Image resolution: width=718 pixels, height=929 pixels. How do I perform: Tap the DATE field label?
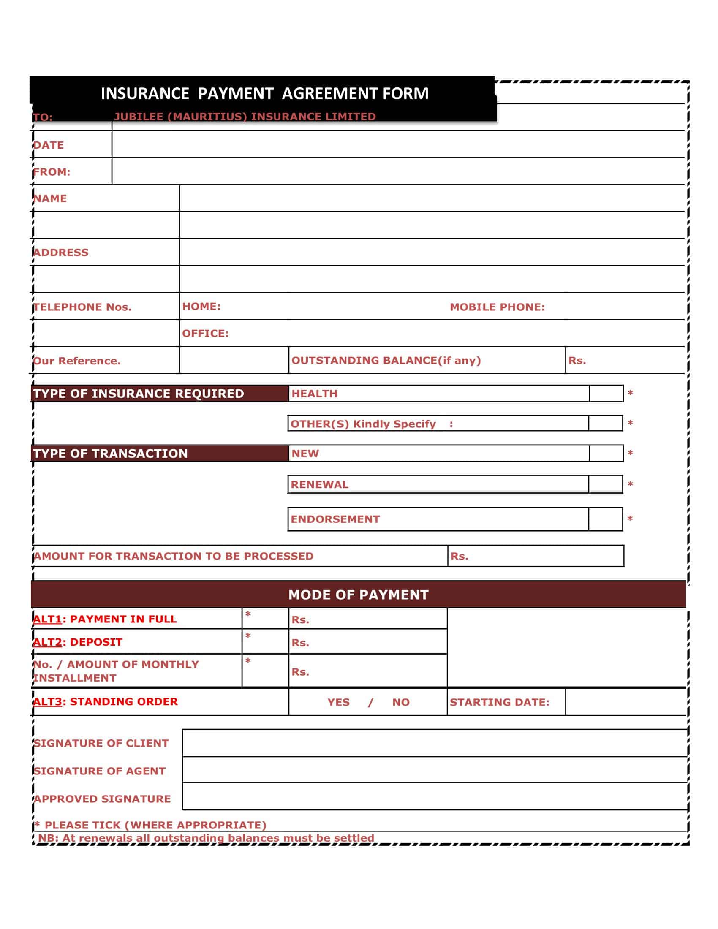49,145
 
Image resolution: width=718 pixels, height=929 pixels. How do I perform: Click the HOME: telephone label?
201,306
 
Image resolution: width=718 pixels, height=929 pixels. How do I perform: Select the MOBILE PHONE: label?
497,307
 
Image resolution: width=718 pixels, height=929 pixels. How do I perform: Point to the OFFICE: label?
205,334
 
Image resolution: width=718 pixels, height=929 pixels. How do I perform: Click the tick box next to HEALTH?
606,394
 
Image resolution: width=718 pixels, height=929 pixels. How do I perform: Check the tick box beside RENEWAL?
605,484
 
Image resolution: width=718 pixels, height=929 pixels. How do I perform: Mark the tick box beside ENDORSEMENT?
605,519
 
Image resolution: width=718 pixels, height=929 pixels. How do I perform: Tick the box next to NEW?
606,454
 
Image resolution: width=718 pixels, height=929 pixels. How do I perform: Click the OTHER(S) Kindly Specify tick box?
605,424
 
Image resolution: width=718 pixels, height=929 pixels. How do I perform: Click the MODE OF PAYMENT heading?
358,595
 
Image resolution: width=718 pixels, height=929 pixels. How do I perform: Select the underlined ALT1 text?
48,619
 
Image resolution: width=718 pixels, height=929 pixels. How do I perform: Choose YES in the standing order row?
338,702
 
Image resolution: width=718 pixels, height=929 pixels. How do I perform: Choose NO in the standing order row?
401,702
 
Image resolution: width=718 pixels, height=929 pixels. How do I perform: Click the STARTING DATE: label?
499,702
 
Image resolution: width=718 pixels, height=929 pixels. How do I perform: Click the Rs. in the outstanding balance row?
577,361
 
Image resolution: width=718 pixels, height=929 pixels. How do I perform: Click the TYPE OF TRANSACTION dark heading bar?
160,454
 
